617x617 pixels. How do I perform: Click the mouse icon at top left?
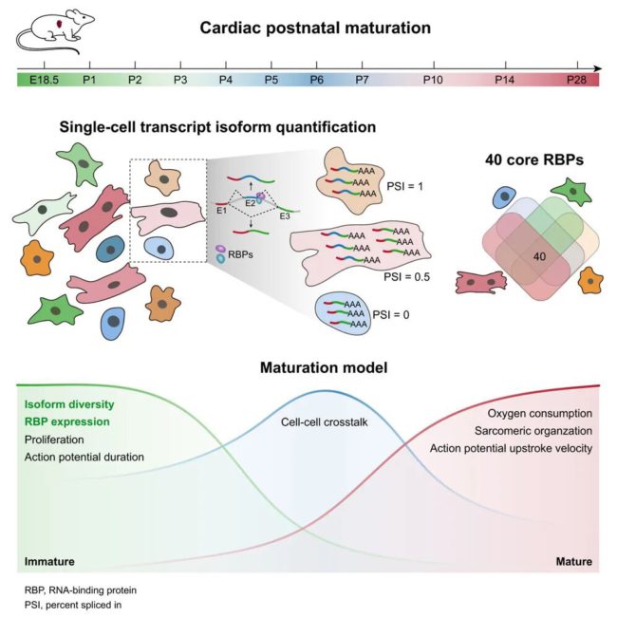pyautogui.click(x=46, y=31)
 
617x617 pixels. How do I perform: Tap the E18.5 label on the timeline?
pyautogui.click(x=45, y=80)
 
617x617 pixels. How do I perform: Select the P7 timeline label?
pyautogui.click(x=362, y=80)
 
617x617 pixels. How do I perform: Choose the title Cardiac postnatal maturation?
pyautogui.click(x=315, y=28)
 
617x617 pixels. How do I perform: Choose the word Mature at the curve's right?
pyautogui.click(x=572, y=562)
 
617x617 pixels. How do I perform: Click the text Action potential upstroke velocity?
pyautogui.click(x=512, y=448)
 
